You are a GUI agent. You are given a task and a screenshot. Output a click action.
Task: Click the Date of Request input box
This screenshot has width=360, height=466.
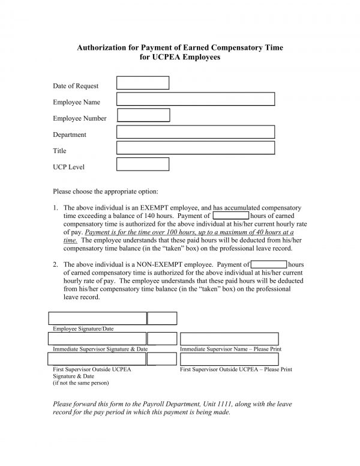[x=142, y=83]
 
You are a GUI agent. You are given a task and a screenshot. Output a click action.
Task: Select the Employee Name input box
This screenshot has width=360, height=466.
[x=195, y=99]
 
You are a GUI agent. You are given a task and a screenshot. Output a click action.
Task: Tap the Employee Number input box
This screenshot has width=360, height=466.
[x=143, y=115]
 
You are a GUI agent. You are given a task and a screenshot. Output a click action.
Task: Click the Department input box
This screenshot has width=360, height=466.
[x=195, y=132]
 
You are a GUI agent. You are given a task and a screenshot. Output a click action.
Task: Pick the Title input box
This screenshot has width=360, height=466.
[x=195, y=148]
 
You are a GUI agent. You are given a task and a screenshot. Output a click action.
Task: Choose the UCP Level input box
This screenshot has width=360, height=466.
[x=142, y=164]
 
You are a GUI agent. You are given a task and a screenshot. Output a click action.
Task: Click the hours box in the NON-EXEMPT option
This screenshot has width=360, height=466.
[x=269, y=264]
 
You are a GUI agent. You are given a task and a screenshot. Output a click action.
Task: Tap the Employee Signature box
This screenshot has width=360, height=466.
[x=97, y=318]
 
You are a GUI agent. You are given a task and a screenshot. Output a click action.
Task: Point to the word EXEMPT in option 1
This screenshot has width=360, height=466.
[x=143, y=207]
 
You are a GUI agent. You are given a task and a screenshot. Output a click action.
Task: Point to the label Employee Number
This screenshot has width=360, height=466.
[x=79, y=118]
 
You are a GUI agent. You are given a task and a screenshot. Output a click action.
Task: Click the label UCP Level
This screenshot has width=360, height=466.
[x=68, y=167]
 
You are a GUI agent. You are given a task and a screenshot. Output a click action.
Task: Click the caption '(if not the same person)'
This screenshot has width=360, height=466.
[x=81, y=383]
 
